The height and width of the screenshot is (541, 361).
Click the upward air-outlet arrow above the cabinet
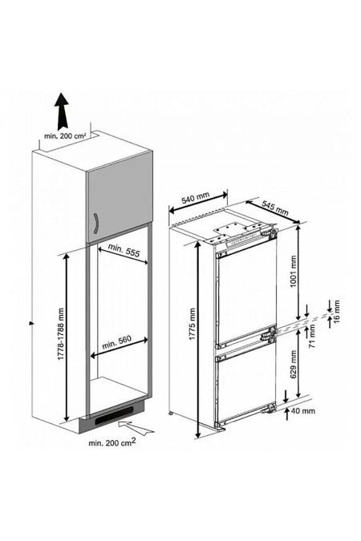click(x=59, y=105)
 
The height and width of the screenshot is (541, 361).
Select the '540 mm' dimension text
click(x=195, y=196)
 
